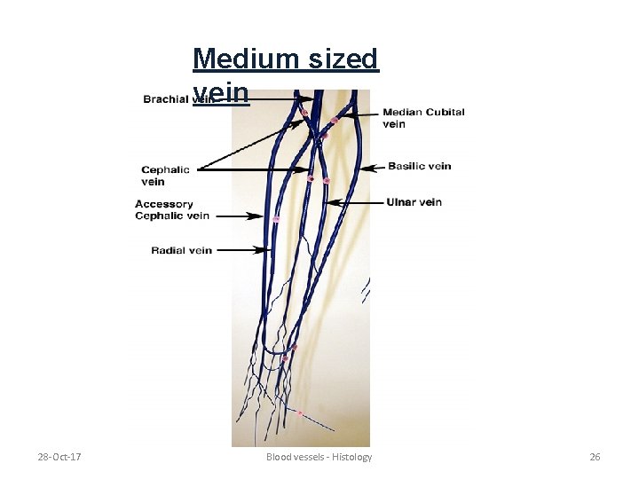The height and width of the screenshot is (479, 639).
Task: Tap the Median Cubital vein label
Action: coord(422,118)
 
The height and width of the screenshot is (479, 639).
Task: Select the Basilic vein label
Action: coord(419,166)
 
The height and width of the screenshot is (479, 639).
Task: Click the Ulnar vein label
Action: coord(414,202)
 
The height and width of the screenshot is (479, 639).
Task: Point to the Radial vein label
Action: coord(181,250)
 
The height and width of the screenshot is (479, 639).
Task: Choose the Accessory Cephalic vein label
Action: coord(172,209)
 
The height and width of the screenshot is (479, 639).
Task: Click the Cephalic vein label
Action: coord(165,176)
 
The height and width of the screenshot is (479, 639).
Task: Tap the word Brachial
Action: coord(166,99)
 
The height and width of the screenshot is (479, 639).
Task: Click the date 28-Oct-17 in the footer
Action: coord(59,457)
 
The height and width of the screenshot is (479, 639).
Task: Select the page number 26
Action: coord(595,457)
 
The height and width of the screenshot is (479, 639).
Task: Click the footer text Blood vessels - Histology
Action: coord(319,457)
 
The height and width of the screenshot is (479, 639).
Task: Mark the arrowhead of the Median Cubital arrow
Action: coord(344,114)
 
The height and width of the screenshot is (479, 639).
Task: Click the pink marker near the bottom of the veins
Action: coord(300,413)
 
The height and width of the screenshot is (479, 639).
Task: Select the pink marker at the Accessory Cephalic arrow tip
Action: coord(276,218)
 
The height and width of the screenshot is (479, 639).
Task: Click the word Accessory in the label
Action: coord(164,204)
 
